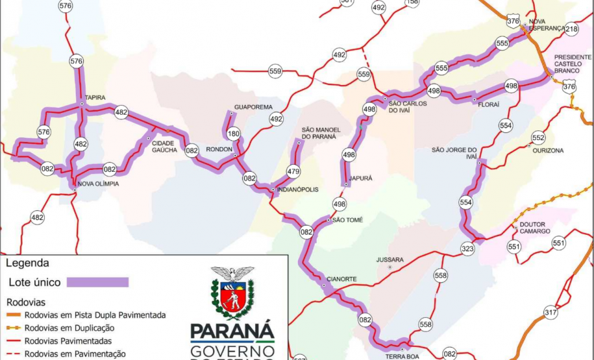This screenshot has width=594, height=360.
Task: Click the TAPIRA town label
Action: pos(95,98)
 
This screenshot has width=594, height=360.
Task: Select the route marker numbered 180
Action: pos(233,134)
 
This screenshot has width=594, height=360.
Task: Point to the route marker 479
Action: pos(293,172)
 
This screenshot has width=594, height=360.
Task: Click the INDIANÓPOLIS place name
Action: pos(297,190)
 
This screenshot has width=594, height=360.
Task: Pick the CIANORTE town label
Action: pos(341,279)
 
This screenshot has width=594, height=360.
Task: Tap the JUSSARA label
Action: pos(390,259)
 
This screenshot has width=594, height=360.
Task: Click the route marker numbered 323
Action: pos(467,248)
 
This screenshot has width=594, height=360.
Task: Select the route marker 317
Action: pos(551,313)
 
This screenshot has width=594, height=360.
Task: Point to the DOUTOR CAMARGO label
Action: pos(535,228)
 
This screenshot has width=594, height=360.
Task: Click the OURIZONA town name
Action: pos(548,150)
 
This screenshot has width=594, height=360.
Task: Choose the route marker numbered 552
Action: pos(538,138)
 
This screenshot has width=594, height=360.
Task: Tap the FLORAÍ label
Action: pos(488,104)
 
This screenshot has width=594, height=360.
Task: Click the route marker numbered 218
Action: pos(571,29)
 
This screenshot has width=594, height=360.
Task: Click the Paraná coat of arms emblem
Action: pos(232,293)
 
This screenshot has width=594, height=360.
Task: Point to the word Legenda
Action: pos(27,263)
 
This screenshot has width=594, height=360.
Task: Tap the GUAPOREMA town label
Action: pos(253,107)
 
